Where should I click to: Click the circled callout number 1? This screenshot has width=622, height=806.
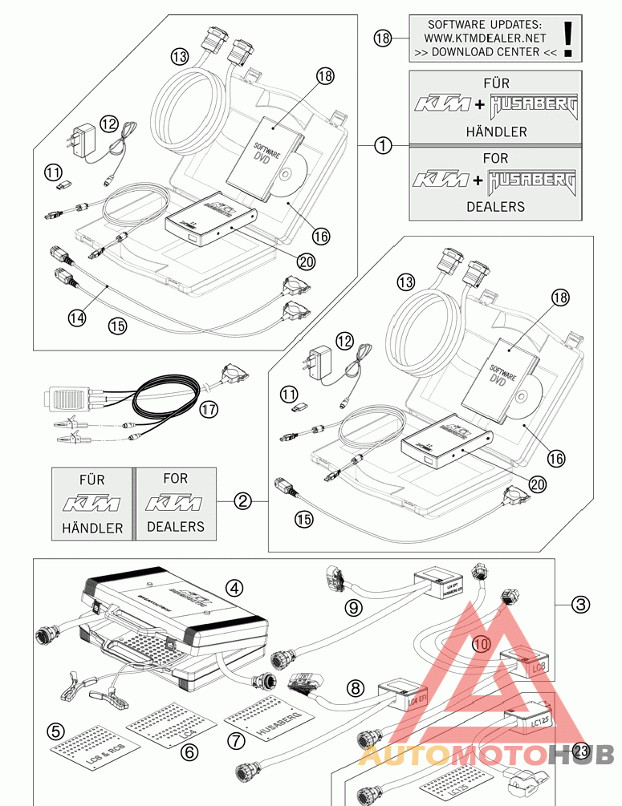tap(384, 145)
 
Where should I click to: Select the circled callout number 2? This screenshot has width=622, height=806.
tap(242, 502)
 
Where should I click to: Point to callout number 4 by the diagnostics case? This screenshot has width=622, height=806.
tap(234, 588)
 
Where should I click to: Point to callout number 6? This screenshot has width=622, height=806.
tap(189, 751)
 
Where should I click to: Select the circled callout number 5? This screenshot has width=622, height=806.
tap(55, 731)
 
